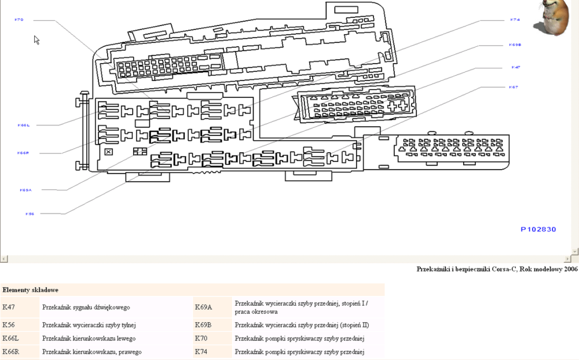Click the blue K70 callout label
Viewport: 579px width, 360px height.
click(x=19, y=20)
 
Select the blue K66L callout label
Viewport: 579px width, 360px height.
click(x=23, y=125)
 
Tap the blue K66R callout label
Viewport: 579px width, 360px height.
click(x=23, y=153)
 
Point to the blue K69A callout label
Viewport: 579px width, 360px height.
click(x=25, y=190)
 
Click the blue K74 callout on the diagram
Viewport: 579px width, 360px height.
click(x=515, y=20)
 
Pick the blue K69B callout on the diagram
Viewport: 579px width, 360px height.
click(x=515, y=45)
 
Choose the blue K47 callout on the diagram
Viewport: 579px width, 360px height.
click(x=515, y=67)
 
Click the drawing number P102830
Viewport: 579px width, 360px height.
click(x=538, y=229)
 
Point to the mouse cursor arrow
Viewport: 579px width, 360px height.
click(x=36, y=39)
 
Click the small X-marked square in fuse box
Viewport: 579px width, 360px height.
click(x=108, y=152)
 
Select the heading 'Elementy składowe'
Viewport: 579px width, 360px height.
click(x=30, y=289)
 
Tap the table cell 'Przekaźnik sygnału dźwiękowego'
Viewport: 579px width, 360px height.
click(x=86, y=307)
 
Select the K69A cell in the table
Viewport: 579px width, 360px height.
click(x=203, y=307)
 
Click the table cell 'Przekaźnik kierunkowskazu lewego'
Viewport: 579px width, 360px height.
click(x=89, y=339)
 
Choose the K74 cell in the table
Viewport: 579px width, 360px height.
click(x=201, y=352)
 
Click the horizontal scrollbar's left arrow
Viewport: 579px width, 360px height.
click(x=3, y=258)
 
